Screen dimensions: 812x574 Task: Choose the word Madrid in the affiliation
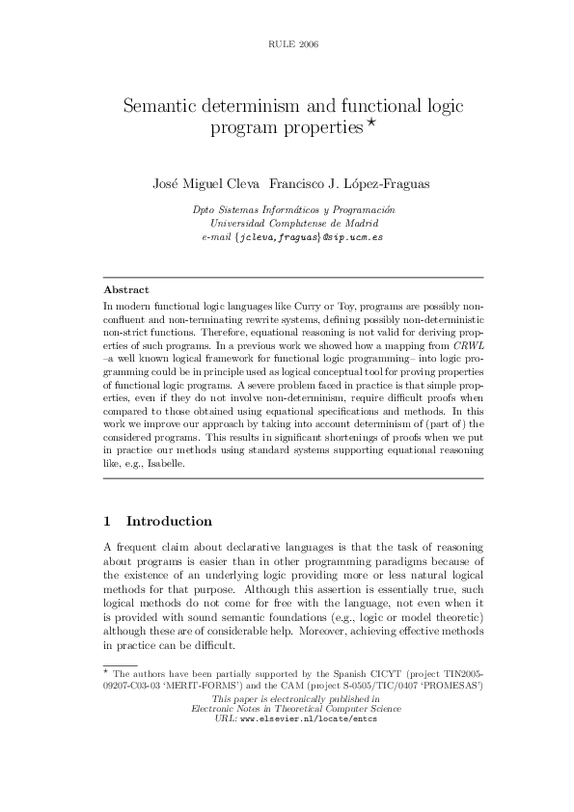tap(365, 223)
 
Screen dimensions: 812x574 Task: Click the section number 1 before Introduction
tap(107, 521)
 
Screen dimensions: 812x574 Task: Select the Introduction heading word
tap(169, 521)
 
